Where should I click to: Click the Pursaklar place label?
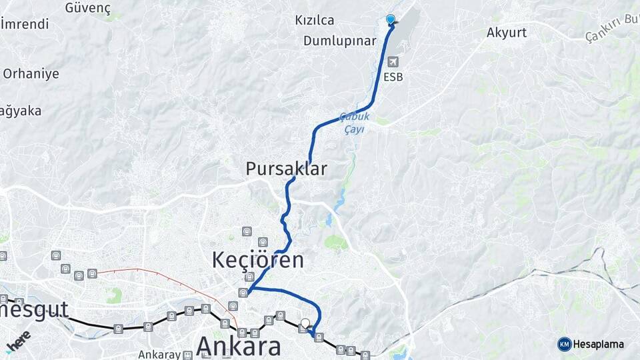coord(286,169)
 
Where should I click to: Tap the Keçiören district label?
coord(257,260)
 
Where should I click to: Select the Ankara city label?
coord(237,347)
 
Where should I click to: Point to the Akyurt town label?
coord(507,32)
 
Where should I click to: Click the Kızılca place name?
coord(315,21)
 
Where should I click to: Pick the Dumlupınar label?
coord(340,41)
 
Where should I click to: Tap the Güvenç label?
coord(87,8)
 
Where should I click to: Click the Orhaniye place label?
coord(31,73)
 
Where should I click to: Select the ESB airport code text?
coord(393,77)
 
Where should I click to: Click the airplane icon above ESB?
coord(393,62)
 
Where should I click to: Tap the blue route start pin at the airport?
coord(391,20)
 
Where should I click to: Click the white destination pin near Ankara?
coord(305,323)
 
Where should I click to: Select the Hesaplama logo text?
coord(598,344)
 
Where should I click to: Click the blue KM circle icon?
coord(565,344)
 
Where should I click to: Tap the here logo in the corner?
coord(19,340)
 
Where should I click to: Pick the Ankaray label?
coord(161,355)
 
